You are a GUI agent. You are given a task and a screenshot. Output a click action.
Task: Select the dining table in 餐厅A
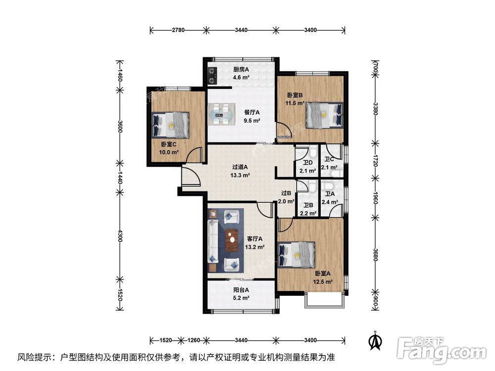(221, 114)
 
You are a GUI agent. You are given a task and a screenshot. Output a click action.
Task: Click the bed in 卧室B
(324, 115)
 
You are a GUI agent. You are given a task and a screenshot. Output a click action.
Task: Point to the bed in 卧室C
(170, 125)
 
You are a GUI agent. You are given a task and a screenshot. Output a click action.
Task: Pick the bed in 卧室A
(297, 255)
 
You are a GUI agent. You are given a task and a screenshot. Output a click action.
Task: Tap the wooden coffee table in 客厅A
(232, 240)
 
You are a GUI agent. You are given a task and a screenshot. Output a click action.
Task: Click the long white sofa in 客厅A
(213, 241)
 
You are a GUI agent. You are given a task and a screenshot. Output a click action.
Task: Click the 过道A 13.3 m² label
(240, 171)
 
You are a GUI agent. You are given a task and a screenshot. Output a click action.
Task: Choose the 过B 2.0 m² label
(286, 197)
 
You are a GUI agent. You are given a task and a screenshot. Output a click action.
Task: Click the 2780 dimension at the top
(178, 30)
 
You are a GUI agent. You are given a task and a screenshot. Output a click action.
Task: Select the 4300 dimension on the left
(120, 235)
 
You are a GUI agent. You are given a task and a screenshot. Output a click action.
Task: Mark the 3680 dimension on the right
(375, 255)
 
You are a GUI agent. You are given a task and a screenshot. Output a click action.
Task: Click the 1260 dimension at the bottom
(194, 340)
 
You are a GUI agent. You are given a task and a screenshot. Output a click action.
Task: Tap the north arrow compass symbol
(375, 340)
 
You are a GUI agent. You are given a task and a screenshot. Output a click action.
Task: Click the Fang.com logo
(442, 350)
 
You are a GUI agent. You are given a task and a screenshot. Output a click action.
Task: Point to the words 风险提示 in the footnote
(34, 357)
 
